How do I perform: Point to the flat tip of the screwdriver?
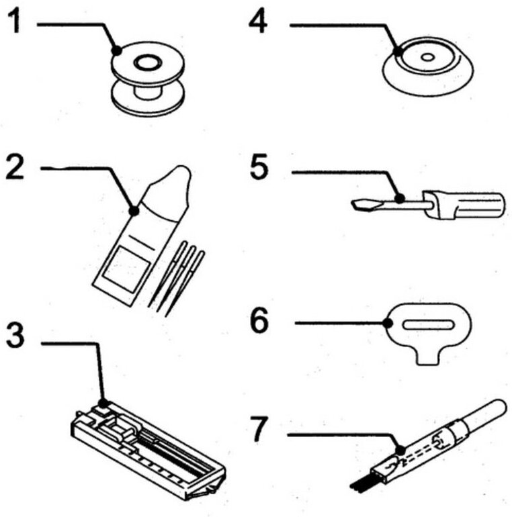[x=361, y=203]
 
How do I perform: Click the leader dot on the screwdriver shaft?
[x=399, y=199]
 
